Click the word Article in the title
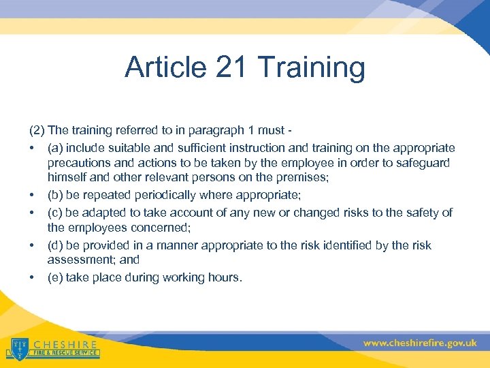(x=163, y=67)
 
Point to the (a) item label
(x=55, y=148)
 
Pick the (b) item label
(x=55, y=196)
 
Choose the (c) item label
(x=55, y=213)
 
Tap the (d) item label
(x=55, y=245)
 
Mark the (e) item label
(x=55, y=277)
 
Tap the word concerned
(x=150, y=228)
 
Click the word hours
(x=225, y=277)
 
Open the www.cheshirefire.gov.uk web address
(x=419, y=343)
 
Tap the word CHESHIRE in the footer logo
(x=65, y=344)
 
